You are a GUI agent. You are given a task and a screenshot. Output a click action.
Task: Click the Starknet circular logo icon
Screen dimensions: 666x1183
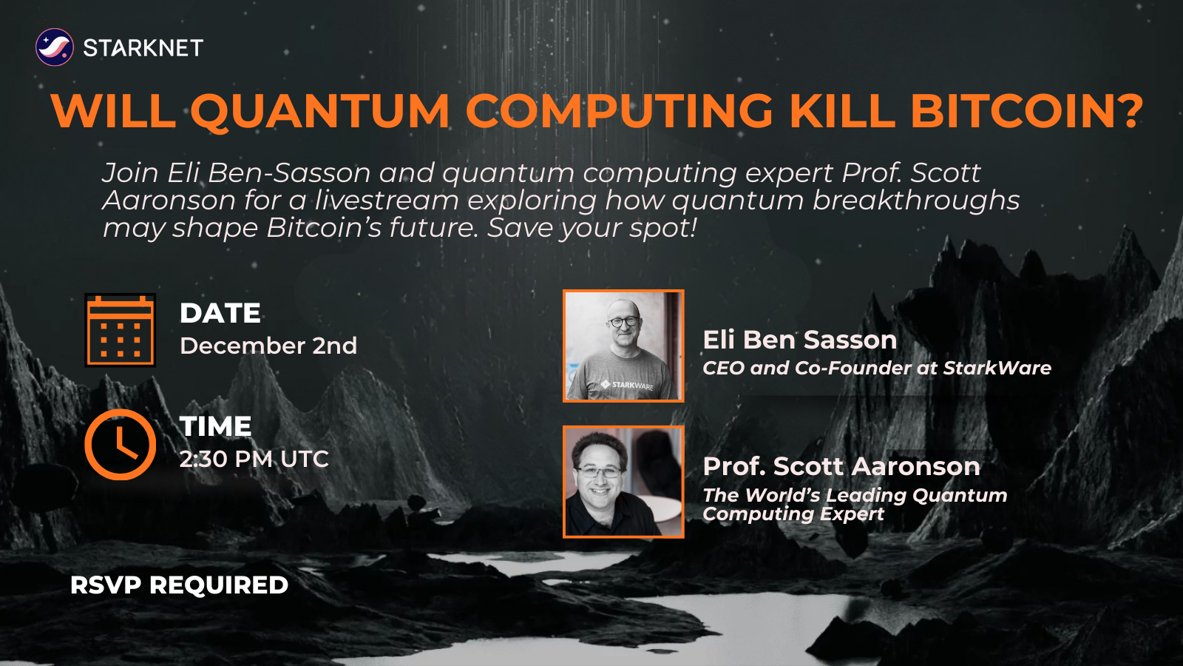55,47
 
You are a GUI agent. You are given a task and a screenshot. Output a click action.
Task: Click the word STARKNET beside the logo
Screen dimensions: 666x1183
143,48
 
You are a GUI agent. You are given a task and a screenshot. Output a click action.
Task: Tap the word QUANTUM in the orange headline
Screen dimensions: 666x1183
319,111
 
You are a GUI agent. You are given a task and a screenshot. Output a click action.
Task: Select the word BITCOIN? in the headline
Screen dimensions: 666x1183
1026,111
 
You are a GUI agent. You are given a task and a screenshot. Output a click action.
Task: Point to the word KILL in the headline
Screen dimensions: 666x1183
841,111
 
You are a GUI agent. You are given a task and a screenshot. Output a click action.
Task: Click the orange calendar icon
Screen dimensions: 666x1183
121,330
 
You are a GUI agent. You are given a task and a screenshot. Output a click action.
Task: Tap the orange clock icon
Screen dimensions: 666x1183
121,444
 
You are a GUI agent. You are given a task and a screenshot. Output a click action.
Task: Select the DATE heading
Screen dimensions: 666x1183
220,313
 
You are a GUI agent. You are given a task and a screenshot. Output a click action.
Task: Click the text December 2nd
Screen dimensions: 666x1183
268,346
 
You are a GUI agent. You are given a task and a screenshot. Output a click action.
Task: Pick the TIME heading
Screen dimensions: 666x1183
216,426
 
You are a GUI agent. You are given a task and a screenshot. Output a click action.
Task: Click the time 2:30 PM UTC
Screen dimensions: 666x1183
254,459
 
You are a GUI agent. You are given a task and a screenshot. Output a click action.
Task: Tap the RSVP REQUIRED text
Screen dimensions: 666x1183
179,585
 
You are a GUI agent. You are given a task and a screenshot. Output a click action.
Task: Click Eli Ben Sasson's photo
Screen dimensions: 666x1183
623,346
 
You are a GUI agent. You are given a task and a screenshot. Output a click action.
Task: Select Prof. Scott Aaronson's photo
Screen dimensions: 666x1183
623,481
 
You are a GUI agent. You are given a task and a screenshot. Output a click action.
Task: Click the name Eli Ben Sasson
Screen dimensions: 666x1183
799,340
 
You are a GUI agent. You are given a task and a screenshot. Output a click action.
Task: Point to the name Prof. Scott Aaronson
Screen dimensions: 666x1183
841,466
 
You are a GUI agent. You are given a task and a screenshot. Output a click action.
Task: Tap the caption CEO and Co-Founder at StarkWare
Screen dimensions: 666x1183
876,368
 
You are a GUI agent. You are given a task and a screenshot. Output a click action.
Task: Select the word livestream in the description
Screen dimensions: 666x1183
387,201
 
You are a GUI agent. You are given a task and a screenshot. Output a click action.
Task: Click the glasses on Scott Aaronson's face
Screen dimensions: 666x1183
600,471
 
